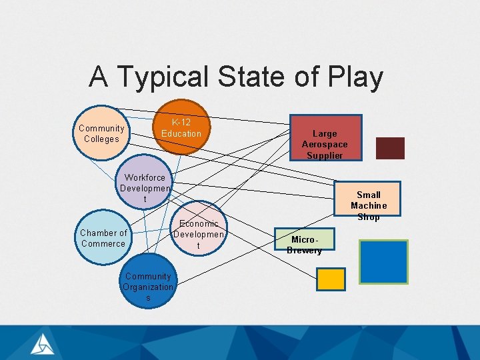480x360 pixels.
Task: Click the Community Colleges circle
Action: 101,133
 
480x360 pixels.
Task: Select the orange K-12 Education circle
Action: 181,128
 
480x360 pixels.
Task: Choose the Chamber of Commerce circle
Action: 103,238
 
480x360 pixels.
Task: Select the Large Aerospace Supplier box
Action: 325,138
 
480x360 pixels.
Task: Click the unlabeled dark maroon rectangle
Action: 390,148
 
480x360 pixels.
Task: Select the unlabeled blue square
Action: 383,262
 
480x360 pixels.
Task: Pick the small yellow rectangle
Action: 331,279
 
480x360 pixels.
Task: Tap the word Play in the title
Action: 357,77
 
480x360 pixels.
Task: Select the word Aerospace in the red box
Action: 325,145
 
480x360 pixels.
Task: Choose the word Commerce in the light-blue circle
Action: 103,243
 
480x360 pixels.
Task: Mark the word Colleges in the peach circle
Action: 101,139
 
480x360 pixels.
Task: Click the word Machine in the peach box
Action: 369,206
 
